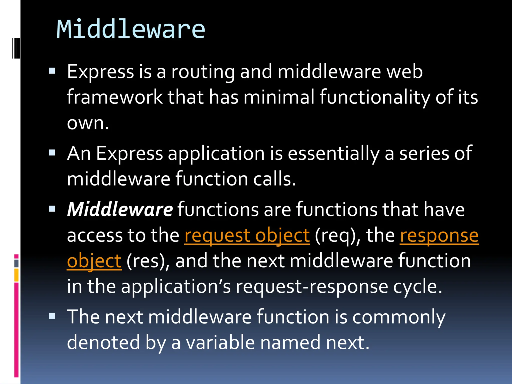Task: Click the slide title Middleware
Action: pos(130,29)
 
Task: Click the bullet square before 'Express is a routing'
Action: pos(52,71)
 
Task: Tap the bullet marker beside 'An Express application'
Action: pos(52,152)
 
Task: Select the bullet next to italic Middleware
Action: pos(52,209)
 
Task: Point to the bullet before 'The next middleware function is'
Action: pos(52,316)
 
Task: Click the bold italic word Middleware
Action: pos(120,209)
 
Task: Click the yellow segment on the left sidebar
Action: pos(16,275)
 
